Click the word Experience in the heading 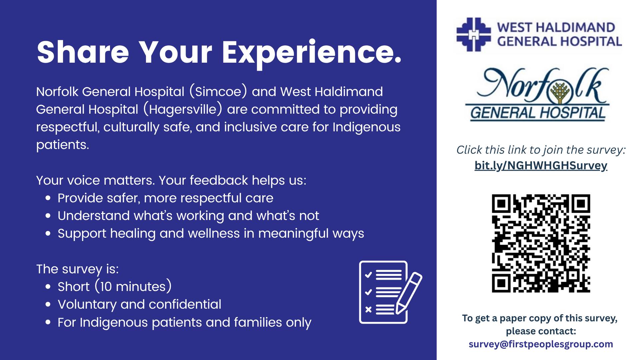coord(311,53)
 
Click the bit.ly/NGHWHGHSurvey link coord(541,166)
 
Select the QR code coord(541,243)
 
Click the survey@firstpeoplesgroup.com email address coord(541,344)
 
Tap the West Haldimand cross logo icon coord(473,34)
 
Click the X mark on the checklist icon coord(368,310)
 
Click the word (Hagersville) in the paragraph coord(183,110)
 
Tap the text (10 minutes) coord(133,287)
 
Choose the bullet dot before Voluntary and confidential coord(48,305)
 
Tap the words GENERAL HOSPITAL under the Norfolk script coord(538,113)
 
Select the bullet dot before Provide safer coord(48,198)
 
